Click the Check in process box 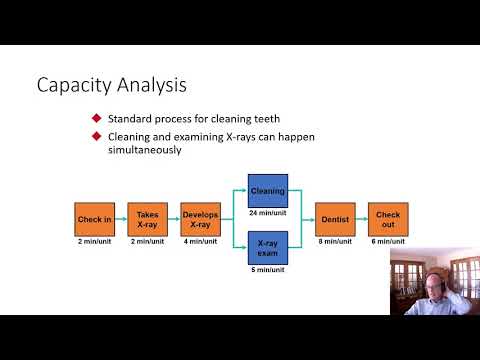click(x=94, y=219)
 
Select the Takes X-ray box click(x=147, y=219)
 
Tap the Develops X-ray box click(x=200, y=219)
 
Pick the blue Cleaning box click(x=267, y=191)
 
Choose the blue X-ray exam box click(x=267, y=246)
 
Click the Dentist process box click(x=334, y=219)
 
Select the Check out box click(x=387, y=219)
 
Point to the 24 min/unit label click(x=267, y=212)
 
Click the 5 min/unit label click(x=267, y=270)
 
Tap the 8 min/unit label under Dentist click(x=334, y=241)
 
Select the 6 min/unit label click(x=387, y=241)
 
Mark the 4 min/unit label click(x=200, y=241)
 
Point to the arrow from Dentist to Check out click(x=360, y=219)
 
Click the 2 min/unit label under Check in click(x=94, y=241)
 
